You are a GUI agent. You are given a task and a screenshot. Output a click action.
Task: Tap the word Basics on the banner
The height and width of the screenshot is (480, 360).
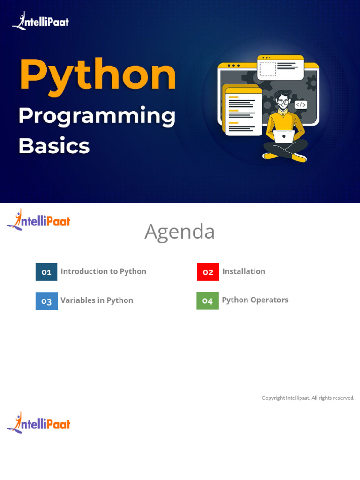click(53, 146)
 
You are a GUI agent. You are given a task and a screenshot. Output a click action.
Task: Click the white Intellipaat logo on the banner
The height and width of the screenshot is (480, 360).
click(40, 21)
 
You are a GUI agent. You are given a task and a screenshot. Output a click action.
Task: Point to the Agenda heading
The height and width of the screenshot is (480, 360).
click(180, 232)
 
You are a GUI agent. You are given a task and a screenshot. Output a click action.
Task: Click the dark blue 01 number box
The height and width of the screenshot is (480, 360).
click(46, 272)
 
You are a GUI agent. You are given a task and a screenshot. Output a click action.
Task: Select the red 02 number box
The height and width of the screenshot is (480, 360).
click(208, 272)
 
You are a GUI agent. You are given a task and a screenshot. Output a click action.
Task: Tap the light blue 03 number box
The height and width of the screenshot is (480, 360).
click(46, 301)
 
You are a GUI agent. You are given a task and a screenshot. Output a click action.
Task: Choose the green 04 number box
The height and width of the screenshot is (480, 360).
click(208, 301)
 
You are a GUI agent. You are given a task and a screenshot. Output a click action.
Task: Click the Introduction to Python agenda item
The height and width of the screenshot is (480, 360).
click(103, 271)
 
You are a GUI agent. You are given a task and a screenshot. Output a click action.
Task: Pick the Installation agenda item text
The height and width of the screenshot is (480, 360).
click(243, 271)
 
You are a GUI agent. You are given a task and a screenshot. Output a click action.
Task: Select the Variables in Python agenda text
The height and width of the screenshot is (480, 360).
click(97, 300)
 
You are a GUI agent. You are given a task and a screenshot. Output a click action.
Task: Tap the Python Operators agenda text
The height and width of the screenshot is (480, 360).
click(255, 300)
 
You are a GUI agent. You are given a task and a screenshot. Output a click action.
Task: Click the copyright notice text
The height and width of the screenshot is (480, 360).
click(308, 398)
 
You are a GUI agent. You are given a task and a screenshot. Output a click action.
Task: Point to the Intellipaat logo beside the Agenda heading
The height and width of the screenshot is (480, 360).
click(38, 220)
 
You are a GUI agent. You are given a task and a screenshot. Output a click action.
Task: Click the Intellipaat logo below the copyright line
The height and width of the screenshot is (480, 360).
click(38, 423)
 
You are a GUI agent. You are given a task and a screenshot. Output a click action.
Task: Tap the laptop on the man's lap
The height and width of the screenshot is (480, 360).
click(284, 136)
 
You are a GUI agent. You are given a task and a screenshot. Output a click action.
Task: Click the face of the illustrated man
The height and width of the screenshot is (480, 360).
click(282, 102)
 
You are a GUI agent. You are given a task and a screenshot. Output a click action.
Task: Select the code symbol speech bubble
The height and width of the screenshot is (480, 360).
click(301, 105)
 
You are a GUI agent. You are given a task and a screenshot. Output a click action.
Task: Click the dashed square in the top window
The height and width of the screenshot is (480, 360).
click(268, 69)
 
